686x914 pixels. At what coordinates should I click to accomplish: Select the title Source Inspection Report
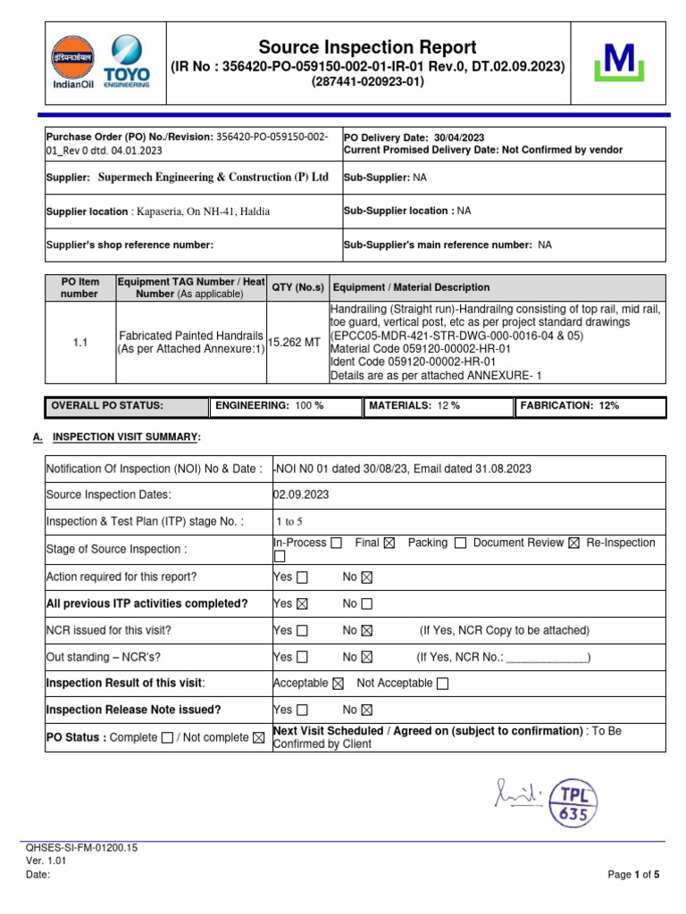coord(367,48)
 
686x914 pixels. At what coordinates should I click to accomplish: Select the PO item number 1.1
coord(79,341)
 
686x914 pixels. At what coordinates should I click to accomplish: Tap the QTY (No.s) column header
coord(297,287)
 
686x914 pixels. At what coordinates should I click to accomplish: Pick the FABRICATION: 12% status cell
coord(590,405)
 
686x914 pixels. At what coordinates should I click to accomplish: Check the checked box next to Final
coord(389,543)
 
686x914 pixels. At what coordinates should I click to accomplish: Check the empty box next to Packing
coord(460,543)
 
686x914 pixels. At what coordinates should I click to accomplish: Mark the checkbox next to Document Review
coord(573,543)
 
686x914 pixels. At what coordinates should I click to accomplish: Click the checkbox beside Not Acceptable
coord(443,684)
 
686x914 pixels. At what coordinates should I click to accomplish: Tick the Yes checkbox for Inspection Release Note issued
coord(303,710)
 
